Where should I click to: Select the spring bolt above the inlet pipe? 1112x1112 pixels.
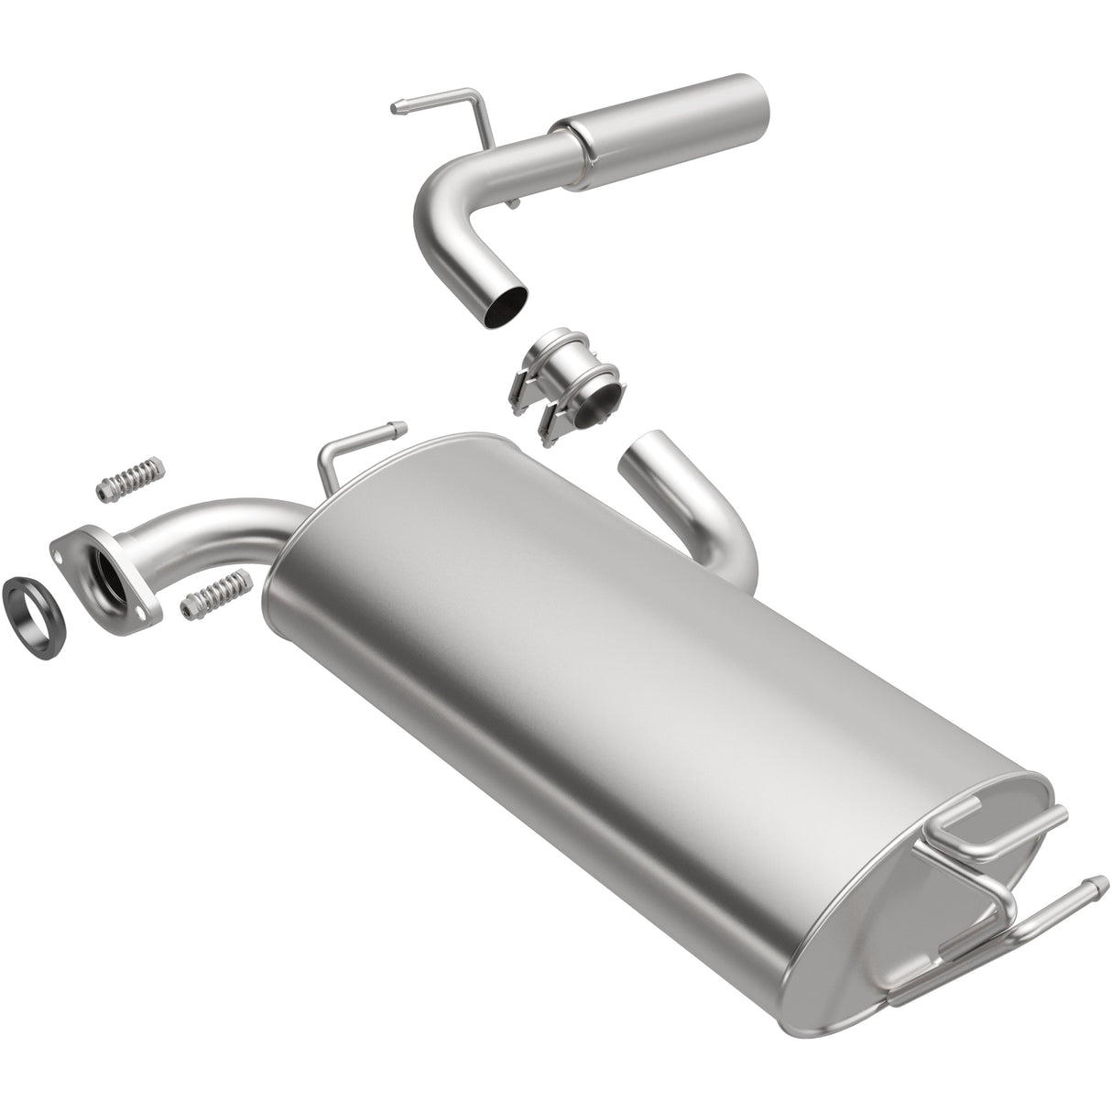pyautogui.click(x=131, y=478)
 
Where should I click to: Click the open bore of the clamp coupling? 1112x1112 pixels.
pyautogui.click(x=605, y=398)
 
